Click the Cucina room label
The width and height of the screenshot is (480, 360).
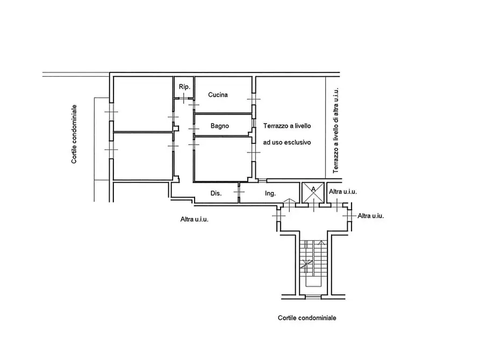218,95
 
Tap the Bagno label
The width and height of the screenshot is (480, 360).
220,126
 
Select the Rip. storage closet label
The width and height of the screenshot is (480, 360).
184,87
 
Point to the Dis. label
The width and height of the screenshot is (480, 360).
216,193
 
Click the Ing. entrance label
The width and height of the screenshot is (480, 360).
270,193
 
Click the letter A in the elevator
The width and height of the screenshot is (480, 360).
313,190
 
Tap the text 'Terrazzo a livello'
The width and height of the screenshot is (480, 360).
287,126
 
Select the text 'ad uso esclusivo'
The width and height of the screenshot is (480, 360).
287,142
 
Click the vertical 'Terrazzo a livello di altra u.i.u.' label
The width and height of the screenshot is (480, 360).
336,131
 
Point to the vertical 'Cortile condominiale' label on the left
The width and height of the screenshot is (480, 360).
74,134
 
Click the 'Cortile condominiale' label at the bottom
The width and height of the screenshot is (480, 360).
307,318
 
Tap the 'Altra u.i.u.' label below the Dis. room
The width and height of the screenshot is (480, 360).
195,219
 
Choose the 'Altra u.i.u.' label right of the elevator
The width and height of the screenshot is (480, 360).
343,192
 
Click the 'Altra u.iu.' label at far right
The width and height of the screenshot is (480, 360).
371,216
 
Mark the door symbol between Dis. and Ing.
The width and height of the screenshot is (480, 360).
239,192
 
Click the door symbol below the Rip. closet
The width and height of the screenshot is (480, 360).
183,98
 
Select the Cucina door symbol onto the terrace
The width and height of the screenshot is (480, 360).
254,99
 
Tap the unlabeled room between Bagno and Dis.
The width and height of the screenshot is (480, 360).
223,159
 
